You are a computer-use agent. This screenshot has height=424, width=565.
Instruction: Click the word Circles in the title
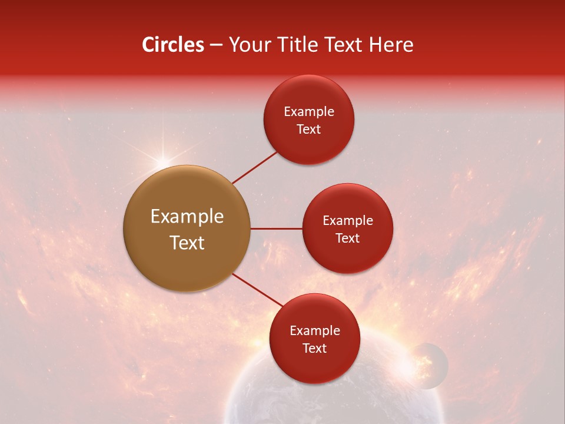(172, 45)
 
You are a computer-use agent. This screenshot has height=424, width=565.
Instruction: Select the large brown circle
(187, 228)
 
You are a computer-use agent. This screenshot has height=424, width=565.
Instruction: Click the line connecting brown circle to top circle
(255, 167)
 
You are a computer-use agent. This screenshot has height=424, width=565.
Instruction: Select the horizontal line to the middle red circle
(276, 228)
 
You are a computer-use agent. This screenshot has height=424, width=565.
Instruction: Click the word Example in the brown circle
(187, 217)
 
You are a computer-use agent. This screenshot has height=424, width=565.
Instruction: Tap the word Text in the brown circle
(187, 243)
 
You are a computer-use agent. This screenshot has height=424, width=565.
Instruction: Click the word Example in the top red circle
(308, 111)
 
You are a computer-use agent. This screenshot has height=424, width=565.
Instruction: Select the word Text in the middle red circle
(347, 238)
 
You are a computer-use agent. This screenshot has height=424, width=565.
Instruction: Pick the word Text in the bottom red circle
(314, 348)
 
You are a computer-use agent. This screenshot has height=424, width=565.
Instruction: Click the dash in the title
(215, 45)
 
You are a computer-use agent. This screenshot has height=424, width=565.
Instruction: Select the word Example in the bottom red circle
(314, 330)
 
